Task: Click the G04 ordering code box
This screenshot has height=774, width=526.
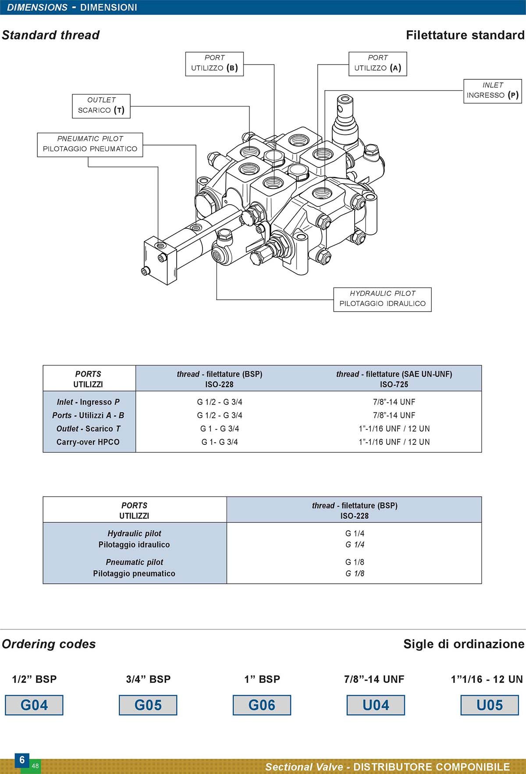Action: (x=34, y=705)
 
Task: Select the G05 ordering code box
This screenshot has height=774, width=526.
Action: (x=148, y=705)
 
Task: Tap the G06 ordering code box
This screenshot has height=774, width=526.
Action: (x=262, y=705)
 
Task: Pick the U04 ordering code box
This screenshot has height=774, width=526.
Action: (x=376, y=705)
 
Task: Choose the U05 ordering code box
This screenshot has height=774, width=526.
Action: (x=490, y=705)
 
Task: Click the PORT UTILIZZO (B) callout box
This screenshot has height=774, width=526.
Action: (x=214, y=64)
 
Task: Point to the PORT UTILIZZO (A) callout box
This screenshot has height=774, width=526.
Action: (x=378, y=64)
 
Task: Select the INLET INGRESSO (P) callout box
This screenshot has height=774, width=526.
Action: (x=493, y=91)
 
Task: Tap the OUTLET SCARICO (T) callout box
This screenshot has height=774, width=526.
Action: (x=101, y=106)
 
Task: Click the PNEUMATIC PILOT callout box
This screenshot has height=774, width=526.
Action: (x=90, y=145)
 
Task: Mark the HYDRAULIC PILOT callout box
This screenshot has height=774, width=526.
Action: (x=383, y=299)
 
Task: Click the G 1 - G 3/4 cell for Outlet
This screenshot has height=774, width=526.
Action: (x=220, y=429)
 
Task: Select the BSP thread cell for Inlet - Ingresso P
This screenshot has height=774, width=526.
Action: (x=220, y=402)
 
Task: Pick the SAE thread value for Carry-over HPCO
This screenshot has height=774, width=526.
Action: (x=394, y=442)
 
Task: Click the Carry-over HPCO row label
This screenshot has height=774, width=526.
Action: (x=88, y=442)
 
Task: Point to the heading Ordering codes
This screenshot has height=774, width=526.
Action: (x=49, y=644)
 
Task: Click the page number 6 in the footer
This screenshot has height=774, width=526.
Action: (x=22, y=760)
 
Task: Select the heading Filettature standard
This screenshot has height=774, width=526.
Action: (x=465, y=35)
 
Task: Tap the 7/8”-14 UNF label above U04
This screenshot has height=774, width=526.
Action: (x=374, y=679)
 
